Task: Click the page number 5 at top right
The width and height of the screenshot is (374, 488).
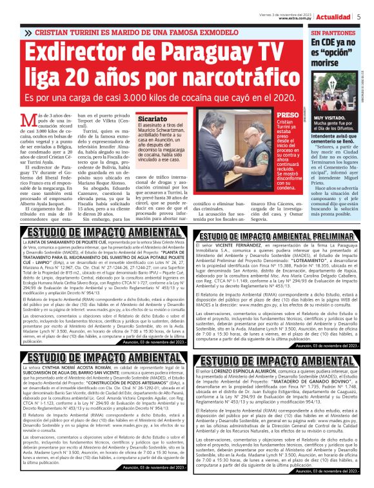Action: (359, 17)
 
